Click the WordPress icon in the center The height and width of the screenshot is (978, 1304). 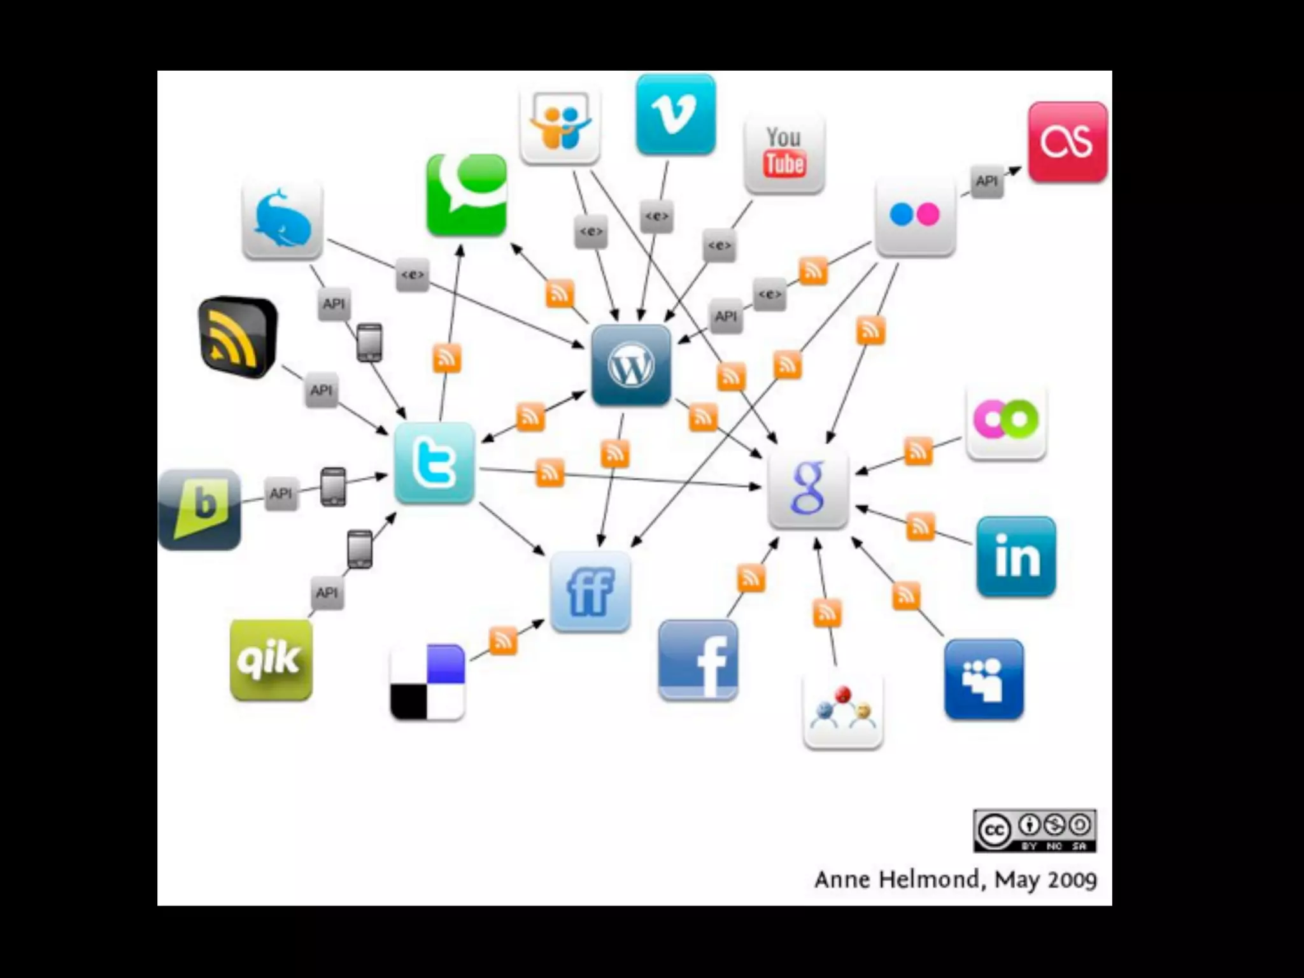tap(631, 365)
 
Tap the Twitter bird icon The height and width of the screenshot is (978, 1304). tap(434, 463)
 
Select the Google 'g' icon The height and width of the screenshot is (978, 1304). tap(808, 488)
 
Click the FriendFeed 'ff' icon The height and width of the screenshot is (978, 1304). tap(590, 592)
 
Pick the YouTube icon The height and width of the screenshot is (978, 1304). tap(784, 153)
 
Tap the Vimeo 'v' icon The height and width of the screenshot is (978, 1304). tap(676, 115)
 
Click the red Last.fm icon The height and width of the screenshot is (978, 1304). tap(1068, 142)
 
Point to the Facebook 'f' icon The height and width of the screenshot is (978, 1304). tap(698, 660)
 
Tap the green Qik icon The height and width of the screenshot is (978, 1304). tap(271, 660)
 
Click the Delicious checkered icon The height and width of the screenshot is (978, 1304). tap(428, 682)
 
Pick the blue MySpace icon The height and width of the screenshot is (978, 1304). tap(984, 679)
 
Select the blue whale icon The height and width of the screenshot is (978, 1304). tap(282, 220)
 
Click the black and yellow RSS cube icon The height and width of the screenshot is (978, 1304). tap(237, 337)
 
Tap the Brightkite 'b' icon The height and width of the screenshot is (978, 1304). tap(200, 509)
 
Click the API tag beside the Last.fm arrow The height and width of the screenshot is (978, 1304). tap(986, 181)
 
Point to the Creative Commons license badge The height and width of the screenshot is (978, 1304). tap(1035, 830)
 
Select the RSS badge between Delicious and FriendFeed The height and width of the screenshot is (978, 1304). tap(503, 641)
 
